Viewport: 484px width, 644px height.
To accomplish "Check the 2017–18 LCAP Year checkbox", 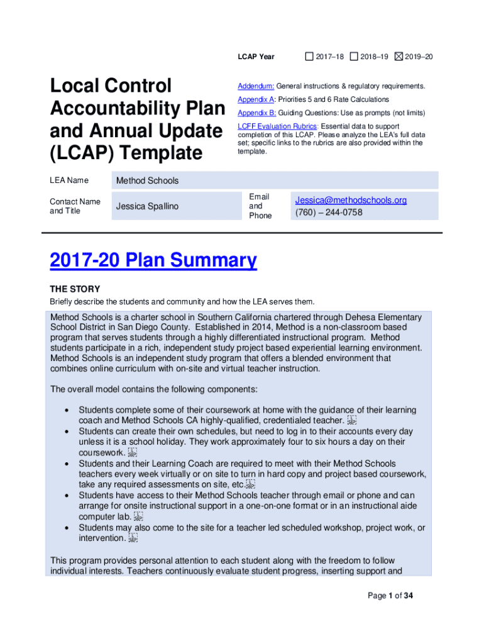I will [x=309, y=57].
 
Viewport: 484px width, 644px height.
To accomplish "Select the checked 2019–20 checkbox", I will [x=399, y=57].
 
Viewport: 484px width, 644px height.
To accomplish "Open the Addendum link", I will [x=255, y=86].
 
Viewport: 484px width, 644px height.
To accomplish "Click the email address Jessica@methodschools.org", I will [x=351, y=200].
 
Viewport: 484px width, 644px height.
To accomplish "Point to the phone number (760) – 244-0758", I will [x=329, y=213].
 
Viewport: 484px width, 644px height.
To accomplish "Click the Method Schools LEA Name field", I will [x=147, y=180].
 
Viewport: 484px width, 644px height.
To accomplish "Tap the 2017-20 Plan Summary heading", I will [x=153, y=260].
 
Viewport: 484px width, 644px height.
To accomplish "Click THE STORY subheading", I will [x=75, y=289].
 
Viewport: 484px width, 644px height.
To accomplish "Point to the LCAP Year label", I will [x=256, y=57].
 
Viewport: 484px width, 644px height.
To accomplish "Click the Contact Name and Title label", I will [x=75, y=206].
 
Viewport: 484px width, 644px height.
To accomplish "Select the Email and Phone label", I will [x=260, y=206].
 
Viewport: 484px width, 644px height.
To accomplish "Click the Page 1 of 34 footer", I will [x=390, y=596].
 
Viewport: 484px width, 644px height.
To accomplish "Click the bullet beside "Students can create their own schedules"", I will [x=67, y=431].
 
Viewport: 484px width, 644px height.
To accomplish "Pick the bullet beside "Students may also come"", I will [x=67, y=528].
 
